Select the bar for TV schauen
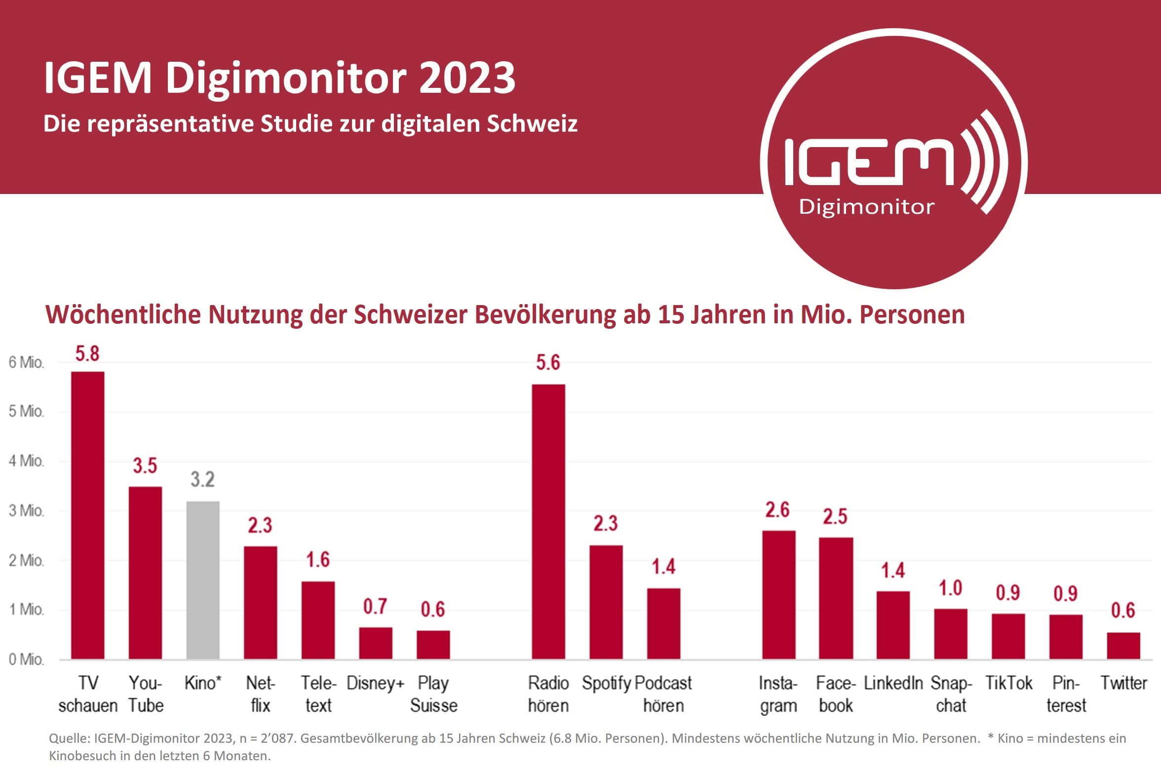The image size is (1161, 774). [88, 515]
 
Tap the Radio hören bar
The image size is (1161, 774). [548, 522]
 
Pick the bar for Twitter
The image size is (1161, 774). [1123, 646]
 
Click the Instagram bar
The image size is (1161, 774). [778, 595]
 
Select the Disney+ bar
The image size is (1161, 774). [376, 643]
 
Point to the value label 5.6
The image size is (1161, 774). [548, 363]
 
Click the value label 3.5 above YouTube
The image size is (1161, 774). [145, 465]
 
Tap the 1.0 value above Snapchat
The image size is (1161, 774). [951, 588]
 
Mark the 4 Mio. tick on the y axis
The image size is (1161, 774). [26, 461]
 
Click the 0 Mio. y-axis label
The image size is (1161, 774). [26, 659]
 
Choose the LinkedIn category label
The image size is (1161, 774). [893, 683]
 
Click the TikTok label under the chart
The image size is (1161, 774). [1008, 683]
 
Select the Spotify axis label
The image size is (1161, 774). [606, 683]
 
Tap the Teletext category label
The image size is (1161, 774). [318, 694]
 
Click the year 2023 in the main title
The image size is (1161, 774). [467, 78]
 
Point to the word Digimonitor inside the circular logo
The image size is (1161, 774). [866, 207]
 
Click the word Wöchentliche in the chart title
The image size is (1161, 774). [123, 314]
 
